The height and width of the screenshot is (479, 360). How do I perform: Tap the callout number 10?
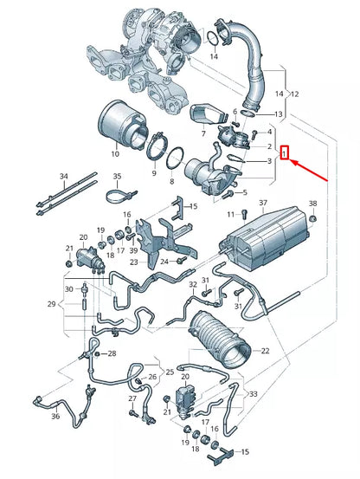tap(115, 155)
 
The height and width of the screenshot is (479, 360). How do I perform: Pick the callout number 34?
tap(63, 176)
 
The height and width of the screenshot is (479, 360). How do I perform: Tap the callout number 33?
tap(254, 393)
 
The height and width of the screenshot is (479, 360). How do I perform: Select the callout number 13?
tap(279, 114)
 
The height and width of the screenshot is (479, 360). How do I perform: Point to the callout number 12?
tap(294, 93)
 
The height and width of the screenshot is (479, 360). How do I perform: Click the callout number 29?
tap(51, 304)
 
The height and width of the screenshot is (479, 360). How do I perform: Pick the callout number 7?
tap(202, 134)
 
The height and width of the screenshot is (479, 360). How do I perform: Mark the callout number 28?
tap(111, 354)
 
